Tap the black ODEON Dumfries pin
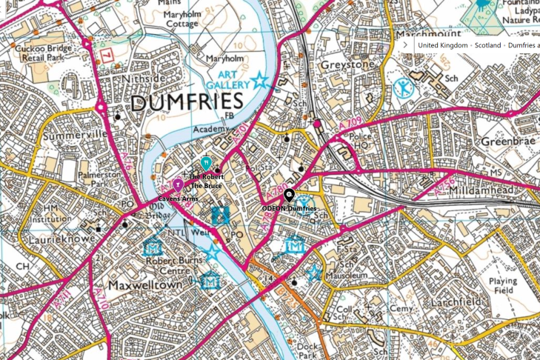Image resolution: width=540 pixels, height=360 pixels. [290, 196]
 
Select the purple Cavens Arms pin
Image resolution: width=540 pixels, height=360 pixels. [177, 185]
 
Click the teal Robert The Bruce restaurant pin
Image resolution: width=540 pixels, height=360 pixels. [207, 163]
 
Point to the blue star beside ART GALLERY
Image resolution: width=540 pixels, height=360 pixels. [259, 81]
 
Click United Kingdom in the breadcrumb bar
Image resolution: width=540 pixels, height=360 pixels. [443, 45]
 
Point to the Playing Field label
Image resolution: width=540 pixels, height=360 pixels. [504, 286]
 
